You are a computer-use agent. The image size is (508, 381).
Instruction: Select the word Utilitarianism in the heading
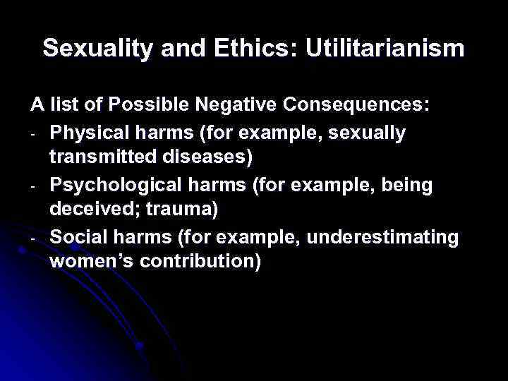coord(376,49)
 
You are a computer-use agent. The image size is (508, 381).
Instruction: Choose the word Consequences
coord(358,106)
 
